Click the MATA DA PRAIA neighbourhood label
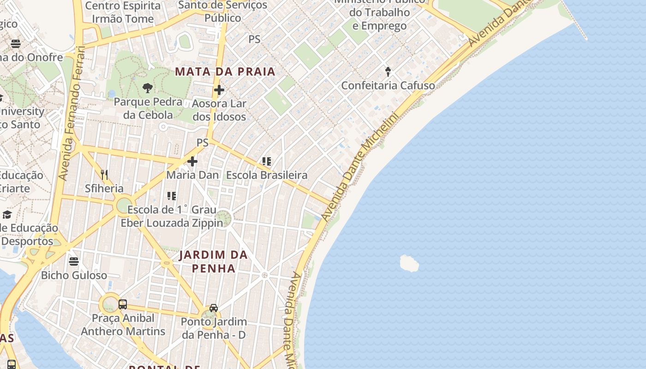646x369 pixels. pyautogui.click(x=225, y=71)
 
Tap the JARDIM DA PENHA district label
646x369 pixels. pyautogui.click(x=213, y=261)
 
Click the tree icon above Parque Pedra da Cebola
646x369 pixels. pyautogui.click(x=148, y=88)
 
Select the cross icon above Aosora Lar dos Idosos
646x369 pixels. pyautogui.click(x=219, y=90)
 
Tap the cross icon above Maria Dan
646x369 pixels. pyautogui.click(x=192, y=161)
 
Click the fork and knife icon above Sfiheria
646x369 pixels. pyautogui.click(x=104, y=174)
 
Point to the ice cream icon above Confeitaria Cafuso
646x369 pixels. pyautogui.click(x=388, y=71)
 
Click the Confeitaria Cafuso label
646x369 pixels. pyautogui.click(x=388, y=85)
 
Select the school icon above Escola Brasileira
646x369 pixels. pyautogui.click(x=266, y=161)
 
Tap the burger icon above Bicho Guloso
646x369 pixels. pyautogui.click(x=74, y=262)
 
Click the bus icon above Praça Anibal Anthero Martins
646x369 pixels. pyautogui.click(x=122, y=304)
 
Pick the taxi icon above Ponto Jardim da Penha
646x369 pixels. pyautogui.click(x=214, y=308)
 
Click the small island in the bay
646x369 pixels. pyautogui.click(x=409, y=263)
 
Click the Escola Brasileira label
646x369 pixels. pyautogui.click(x=266, y=175)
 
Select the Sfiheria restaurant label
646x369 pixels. pyautogui.click(x=104, y=188)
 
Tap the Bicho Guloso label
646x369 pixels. pyautogui.click(x=74, y=275)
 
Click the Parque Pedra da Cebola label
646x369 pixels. pyautogui.click(x=148, y=108)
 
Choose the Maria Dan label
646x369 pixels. pyautogui.click(x=192, y=175)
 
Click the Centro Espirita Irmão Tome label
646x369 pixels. pyautogui.click(x=123, y=12)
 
